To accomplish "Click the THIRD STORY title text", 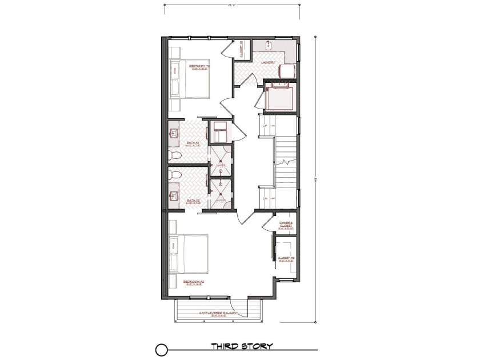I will pos(242,346).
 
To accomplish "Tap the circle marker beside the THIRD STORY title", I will pos(162,347).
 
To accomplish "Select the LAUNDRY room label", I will pos(269,62).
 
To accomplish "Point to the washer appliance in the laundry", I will pos(287,70).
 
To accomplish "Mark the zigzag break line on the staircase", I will pos(284,162).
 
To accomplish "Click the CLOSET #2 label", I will pos(286,258).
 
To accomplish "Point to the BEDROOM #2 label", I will pos(194,282).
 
